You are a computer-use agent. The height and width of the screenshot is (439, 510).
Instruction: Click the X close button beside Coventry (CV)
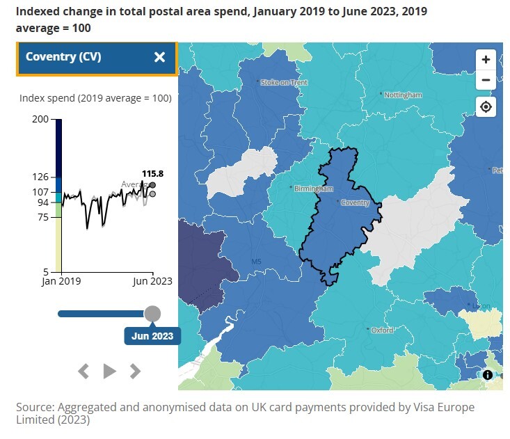(x=159, y=57)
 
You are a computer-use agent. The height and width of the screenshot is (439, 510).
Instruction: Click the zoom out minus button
(x=486, y=80)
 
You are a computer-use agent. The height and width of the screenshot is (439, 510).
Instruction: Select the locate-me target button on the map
(x=486, y=107)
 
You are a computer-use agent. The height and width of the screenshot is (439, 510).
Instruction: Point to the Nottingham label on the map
(x=404, y=95)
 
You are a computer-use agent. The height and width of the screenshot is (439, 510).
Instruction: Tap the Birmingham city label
(x=313, y=189)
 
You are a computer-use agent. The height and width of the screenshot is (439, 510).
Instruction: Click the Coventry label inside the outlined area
(x=355, y=202)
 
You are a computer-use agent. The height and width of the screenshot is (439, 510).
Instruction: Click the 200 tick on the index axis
(x=40, y=120)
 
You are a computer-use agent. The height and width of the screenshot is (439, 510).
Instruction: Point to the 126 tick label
(x=40, y=177)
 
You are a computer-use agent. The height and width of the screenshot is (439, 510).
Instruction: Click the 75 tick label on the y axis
(x=43, y=217)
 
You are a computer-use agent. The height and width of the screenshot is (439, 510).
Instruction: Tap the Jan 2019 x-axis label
(x=61, y=281)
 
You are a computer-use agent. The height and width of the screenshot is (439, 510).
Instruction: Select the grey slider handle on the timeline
(x=152, y=314)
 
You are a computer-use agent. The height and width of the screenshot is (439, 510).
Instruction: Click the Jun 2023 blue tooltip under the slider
(x=152, y=336)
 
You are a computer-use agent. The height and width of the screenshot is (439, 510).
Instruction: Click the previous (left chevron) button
(x=83, y=371)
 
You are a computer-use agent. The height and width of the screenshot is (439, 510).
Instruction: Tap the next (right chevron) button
(x=136, y=371)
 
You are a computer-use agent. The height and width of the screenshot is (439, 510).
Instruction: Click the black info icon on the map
(x=488, y=375)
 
